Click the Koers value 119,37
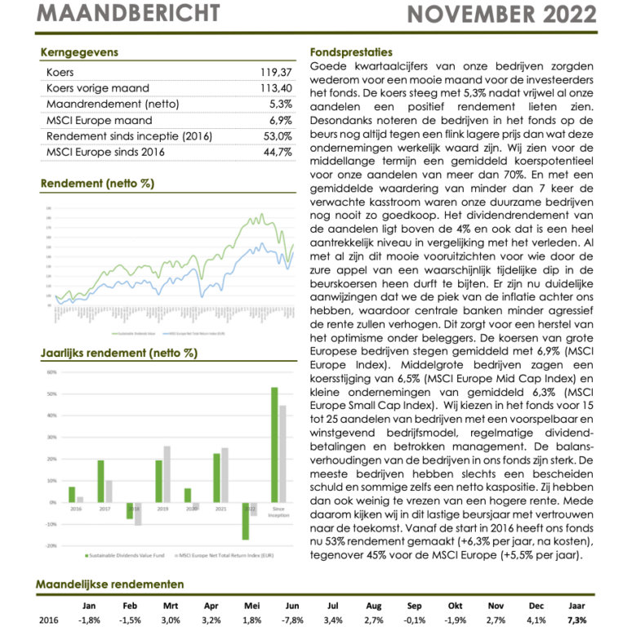click(276, 73)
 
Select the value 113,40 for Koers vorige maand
click(276, 88)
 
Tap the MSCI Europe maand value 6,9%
click(279, 120)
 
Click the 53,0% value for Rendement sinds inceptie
click(277, 136)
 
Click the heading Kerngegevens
click(79, 52)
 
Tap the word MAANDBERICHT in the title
click(129, 14)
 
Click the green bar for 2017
click(101, 481)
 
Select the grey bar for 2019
click(167, 474)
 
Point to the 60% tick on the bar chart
click(51, 372)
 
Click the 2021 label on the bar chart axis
click(220, 508)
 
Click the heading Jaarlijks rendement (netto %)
click(118, 353)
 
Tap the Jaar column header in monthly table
click(576, 606)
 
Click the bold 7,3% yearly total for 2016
click(576, 620)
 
